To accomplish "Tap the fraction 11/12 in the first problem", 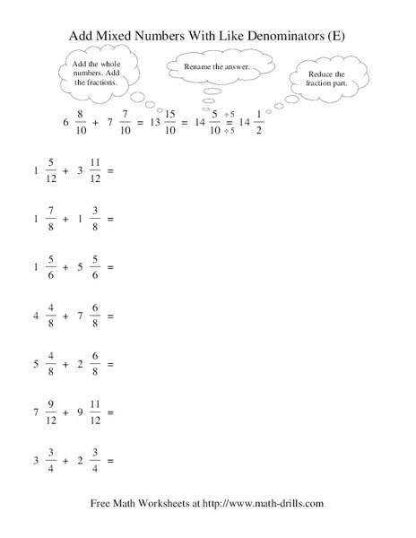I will click(x=93, y=169).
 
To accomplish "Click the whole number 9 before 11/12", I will click(x=79, y=414).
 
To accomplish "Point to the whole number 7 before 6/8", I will click(x=79, y=317).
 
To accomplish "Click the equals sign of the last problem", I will click(x=110, y=464).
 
